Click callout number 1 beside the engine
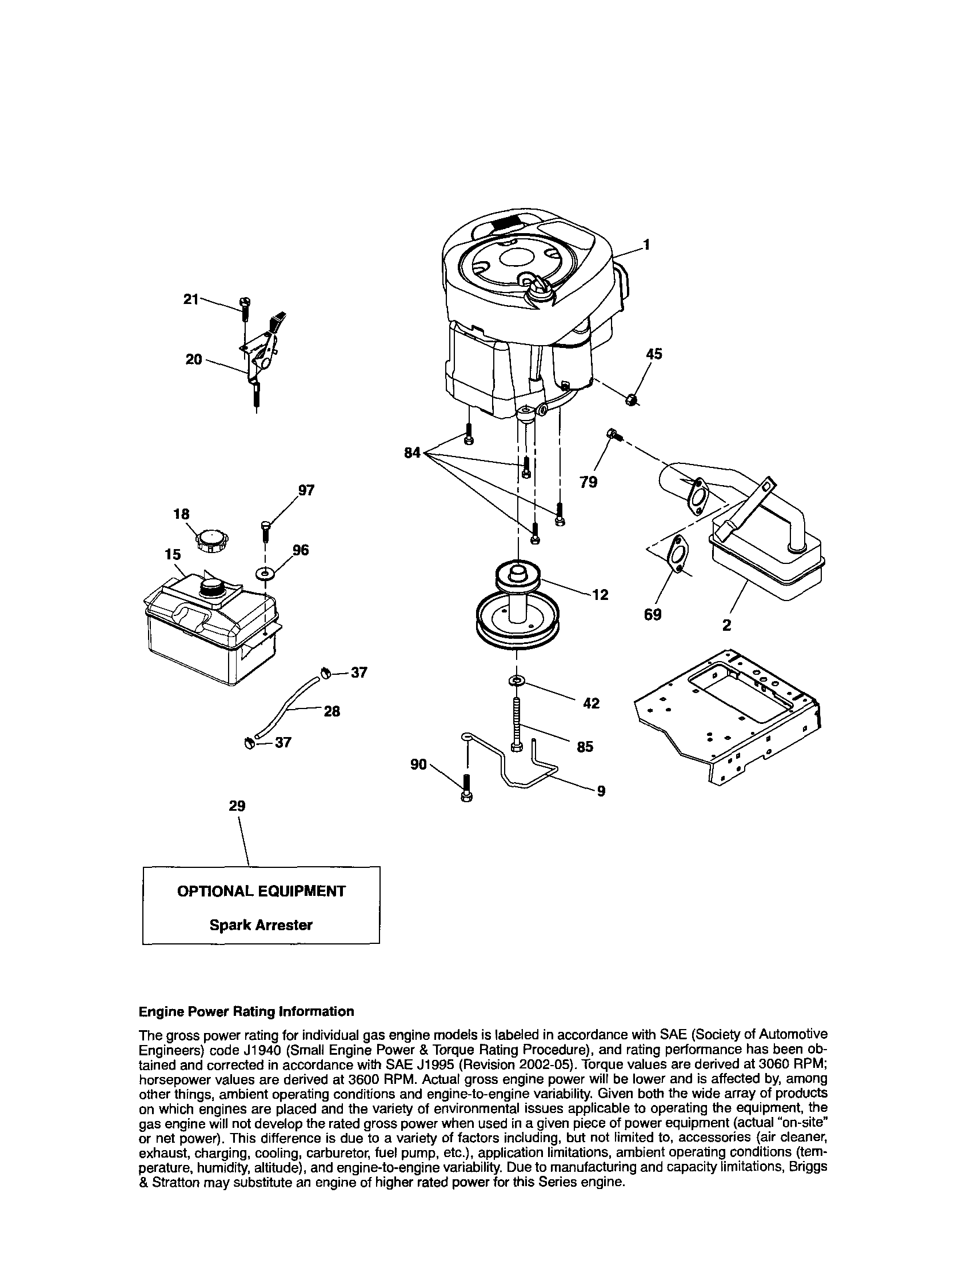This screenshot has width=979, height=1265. pyautogui.click(x=646, y=245)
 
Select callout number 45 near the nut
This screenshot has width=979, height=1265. pyautogui.click(x=654, y=354)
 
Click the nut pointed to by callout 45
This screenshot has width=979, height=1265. pyautogui.click(x=632, y=399)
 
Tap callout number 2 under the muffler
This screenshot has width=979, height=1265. pyautogui.click(x=726, y=626)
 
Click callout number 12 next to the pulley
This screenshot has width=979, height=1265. pyautogui.click(x=601, y=594)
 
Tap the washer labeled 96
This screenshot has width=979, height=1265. pyautogui.click(x=265, y=574)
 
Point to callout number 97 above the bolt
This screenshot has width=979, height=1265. pyautogui.click(x=306, y=490)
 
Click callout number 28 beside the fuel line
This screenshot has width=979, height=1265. pyautogui.click(x=331, y=711)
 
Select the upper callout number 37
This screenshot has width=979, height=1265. pyautogui.click(x=359, y=672)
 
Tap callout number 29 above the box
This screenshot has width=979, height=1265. pyautogui.click(x=237, y=806)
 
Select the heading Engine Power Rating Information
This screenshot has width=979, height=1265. pyautogui.click(x=246, y=1011)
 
